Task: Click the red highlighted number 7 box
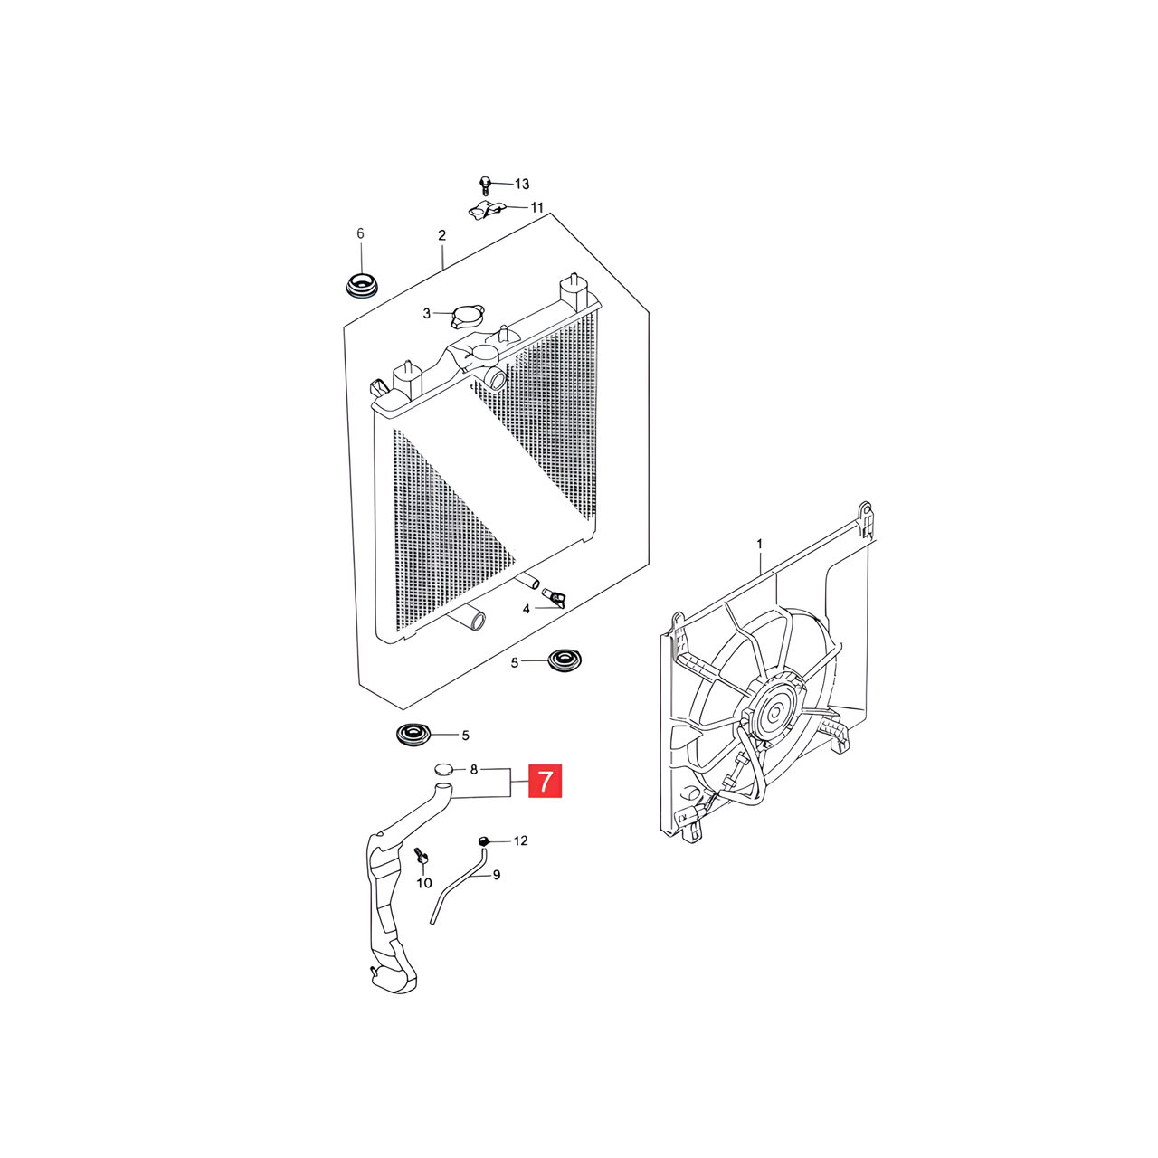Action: [x=545, y=781]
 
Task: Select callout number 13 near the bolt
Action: [x=522, y=184]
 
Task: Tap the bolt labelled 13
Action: [x=486, y=185]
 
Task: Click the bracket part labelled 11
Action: [x=485, y=210]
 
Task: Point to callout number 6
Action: [x=361, y=233]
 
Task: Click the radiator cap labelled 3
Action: [x=467, y=317]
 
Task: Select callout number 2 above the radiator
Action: [x=442, y=235]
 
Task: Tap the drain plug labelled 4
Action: [x=554, y=597]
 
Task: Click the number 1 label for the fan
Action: [x=760, y=544]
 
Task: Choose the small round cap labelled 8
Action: [x=443, y=769]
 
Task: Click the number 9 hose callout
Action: [x=497, y=876]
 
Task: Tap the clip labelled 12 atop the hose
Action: [x=485, y=840]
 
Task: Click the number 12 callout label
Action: [x=520, y=840]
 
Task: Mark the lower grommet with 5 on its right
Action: [x=414, y=735]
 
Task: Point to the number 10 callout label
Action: [x=424, y=883]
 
